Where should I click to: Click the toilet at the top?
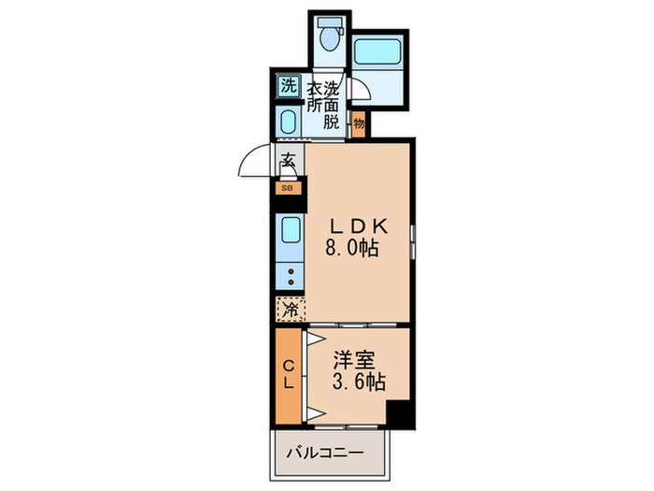(328, 37)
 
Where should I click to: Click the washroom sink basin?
(288, 122)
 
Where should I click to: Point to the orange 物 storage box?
(360, 123)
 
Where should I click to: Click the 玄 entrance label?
(288, 160)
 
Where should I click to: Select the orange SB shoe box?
(287, 187)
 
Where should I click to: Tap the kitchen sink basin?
(290, 230)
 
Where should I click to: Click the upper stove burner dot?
(290, 272)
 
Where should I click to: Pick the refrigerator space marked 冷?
(290, 308)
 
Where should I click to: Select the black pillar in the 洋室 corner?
(399, 412)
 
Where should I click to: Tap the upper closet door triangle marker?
(315, 339)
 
